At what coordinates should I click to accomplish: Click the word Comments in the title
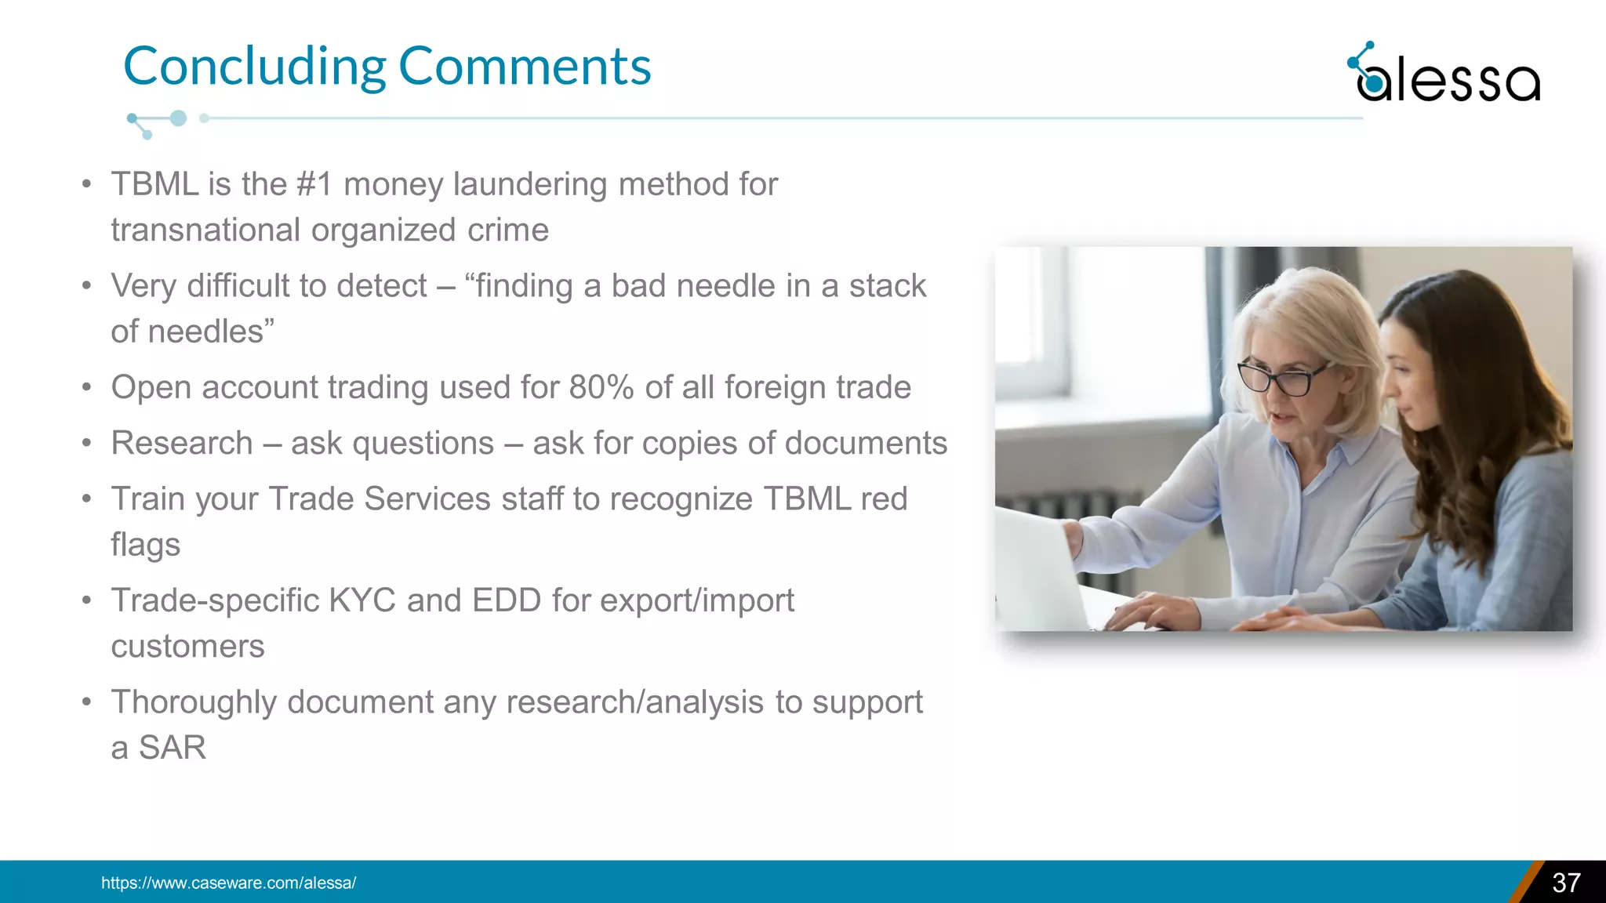525,67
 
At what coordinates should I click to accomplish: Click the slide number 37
1566,883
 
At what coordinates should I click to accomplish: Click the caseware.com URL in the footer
228,883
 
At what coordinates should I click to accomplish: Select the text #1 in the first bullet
314,185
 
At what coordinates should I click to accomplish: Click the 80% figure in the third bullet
601,388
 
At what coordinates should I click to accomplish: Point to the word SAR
173,748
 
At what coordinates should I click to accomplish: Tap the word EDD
506,601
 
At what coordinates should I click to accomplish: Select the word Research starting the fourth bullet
182,444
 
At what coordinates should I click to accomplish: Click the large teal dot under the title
179,118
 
